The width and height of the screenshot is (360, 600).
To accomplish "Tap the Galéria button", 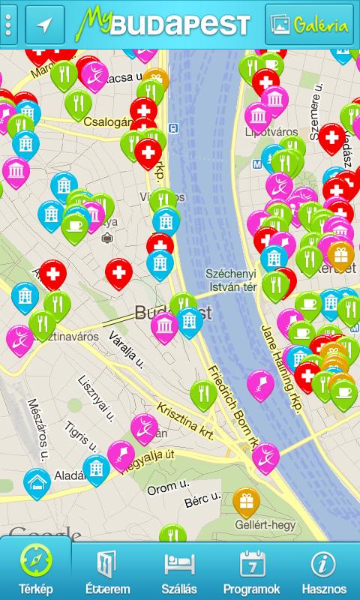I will coord(309,25).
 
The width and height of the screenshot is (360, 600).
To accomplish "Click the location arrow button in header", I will coord(45,25).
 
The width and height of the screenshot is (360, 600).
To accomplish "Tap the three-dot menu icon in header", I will coord(8,25).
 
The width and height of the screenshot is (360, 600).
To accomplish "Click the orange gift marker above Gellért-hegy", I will coord(246,500).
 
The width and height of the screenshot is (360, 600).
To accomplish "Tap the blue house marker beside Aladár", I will coord(37,482).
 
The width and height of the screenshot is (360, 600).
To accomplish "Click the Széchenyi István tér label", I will coord(232,280).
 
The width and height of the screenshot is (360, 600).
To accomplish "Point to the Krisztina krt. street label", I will coord(184,420).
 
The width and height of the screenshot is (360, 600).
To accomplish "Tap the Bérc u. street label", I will coord(202,497).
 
